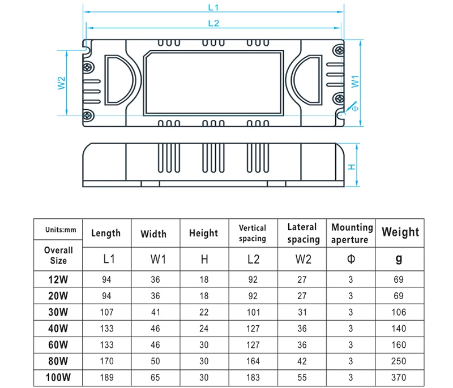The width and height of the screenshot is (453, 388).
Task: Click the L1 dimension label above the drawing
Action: pos(214,8)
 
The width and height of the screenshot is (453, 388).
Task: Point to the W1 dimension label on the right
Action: pos(356,81)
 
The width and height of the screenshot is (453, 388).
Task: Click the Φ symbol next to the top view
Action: pos(355,107)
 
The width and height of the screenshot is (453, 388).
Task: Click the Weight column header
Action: pos(400,232)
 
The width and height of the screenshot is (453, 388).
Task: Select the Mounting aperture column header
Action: pos(352,233)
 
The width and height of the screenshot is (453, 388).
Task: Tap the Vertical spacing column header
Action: pos(252,233)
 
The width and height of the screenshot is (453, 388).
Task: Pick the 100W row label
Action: pos(58,377)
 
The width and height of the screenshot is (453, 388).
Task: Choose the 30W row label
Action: pos(58,312)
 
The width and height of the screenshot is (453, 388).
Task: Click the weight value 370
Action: pos(400,377)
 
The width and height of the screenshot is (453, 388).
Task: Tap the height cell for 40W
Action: pos(203,328)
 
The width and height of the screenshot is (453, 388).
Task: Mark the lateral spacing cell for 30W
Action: pos(302,312)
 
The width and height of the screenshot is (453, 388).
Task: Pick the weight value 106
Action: pos(400,312)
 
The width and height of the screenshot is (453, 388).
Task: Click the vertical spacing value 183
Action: pos(252,377)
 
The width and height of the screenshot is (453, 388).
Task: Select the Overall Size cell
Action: pos(58,255)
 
